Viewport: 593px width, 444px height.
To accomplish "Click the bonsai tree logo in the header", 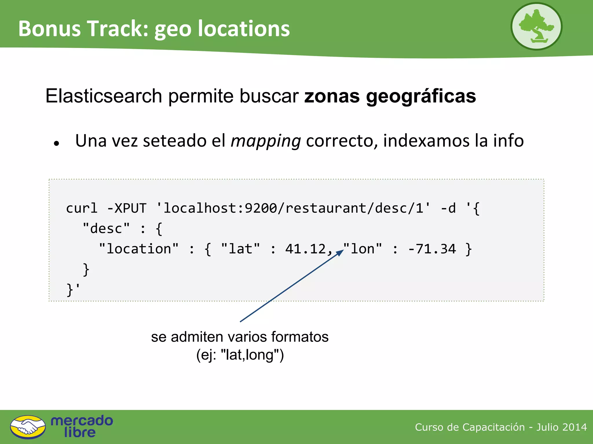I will coord(536,26).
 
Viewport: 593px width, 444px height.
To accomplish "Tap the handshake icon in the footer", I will coord(28,427).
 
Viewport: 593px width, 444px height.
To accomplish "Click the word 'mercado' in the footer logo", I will coord(82,421).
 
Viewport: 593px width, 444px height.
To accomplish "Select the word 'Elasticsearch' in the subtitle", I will coord(103,96).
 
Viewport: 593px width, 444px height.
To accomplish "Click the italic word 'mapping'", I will coord(266,141).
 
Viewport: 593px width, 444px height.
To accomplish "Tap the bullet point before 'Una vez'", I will coord(57,143).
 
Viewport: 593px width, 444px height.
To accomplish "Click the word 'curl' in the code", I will coord(82,208).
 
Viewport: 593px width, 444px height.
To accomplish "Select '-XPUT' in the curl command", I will coord(127,208).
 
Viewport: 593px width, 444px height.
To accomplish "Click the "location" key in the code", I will coord(139,249).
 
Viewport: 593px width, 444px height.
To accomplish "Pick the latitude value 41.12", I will coord(305,249).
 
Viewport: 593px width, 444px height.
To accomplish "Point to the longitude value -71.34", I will coord(432,249).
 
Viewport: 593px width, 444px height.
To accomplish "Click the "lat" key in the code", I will coord(240,249).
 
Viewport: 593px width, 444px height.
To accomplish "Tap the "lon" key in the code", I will coord(363,249).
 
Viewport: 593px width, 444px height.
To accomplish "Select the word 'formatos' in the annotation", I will coord(300,337).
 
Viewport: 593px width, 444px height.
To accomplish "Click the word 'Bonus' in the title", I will coord(49,29).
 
